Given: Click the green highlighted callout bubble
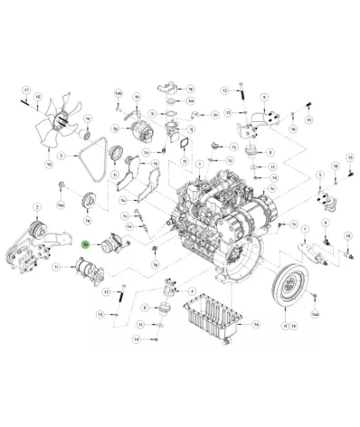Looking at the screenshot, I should point(84,244).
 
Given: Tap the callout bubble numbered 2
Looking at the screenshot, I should point(36,207).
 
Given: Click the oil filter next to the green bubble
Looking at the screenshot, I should point(111,243).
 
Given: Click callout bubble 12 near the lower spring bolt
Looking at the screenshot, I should point(107,291).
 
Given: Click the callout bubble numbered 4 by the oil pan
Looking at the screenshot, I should point(192,293).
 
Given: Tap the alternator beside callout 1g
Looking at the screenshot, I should point(141,134).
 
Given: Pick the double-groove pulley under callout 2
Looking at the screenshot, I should point(37,230).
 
